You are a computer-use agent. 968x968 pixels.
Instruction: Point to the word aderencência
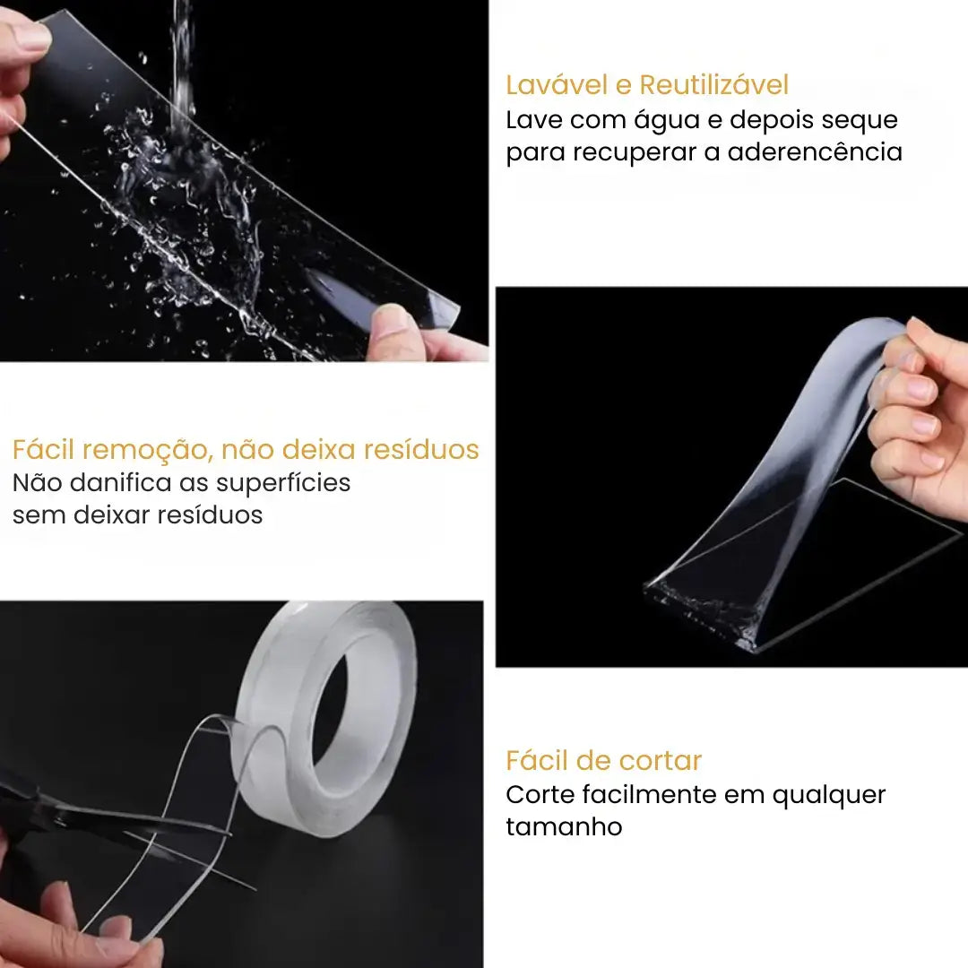tap(815, 152)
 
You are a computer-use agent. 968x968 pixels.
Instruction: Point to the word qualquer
tap(829, 795)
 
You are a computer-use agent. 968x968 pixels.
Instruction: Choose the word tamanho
tap(564, 826)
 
